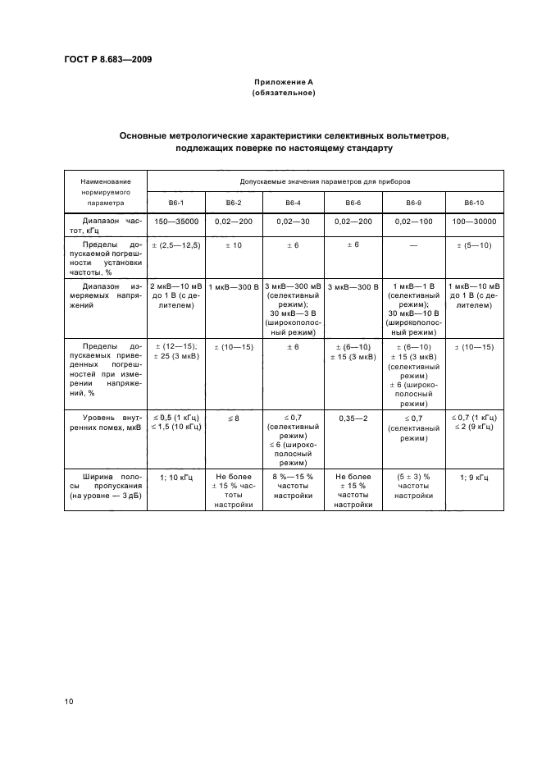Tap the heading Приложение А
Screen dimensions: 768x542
[283, 83]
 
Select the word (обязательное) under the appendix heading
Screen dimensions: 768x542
[283, 94]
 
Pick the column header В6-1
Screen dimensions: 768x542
[175, 202]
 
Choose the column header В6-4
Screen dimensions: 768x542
[293, 202]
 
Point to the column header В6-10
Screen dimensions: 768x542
[474, 202]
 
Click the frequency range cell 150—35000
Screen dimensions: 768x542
[175, 222]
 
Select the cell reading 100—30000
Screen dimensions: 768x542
[474, 222]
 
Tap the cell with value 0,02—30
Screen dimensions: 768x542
[293, 222]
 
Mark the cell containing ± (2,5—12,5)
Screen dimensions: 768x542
[175, 245]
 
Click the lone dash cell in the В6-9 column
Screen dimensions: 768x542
[413, 245]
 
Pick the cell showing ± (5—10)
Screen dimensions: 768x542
[474, 245]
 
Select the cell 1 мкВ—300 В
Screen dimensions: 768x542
[234, 286]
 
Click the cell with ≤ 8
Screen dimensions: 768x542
[234, 418]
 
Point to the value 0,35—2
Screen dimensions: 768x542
[353, 418]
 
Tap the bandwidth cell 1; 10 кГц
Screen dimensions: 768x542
[175, 477]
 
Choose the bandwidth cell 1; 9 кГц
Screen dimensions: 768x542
[474, 477]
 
